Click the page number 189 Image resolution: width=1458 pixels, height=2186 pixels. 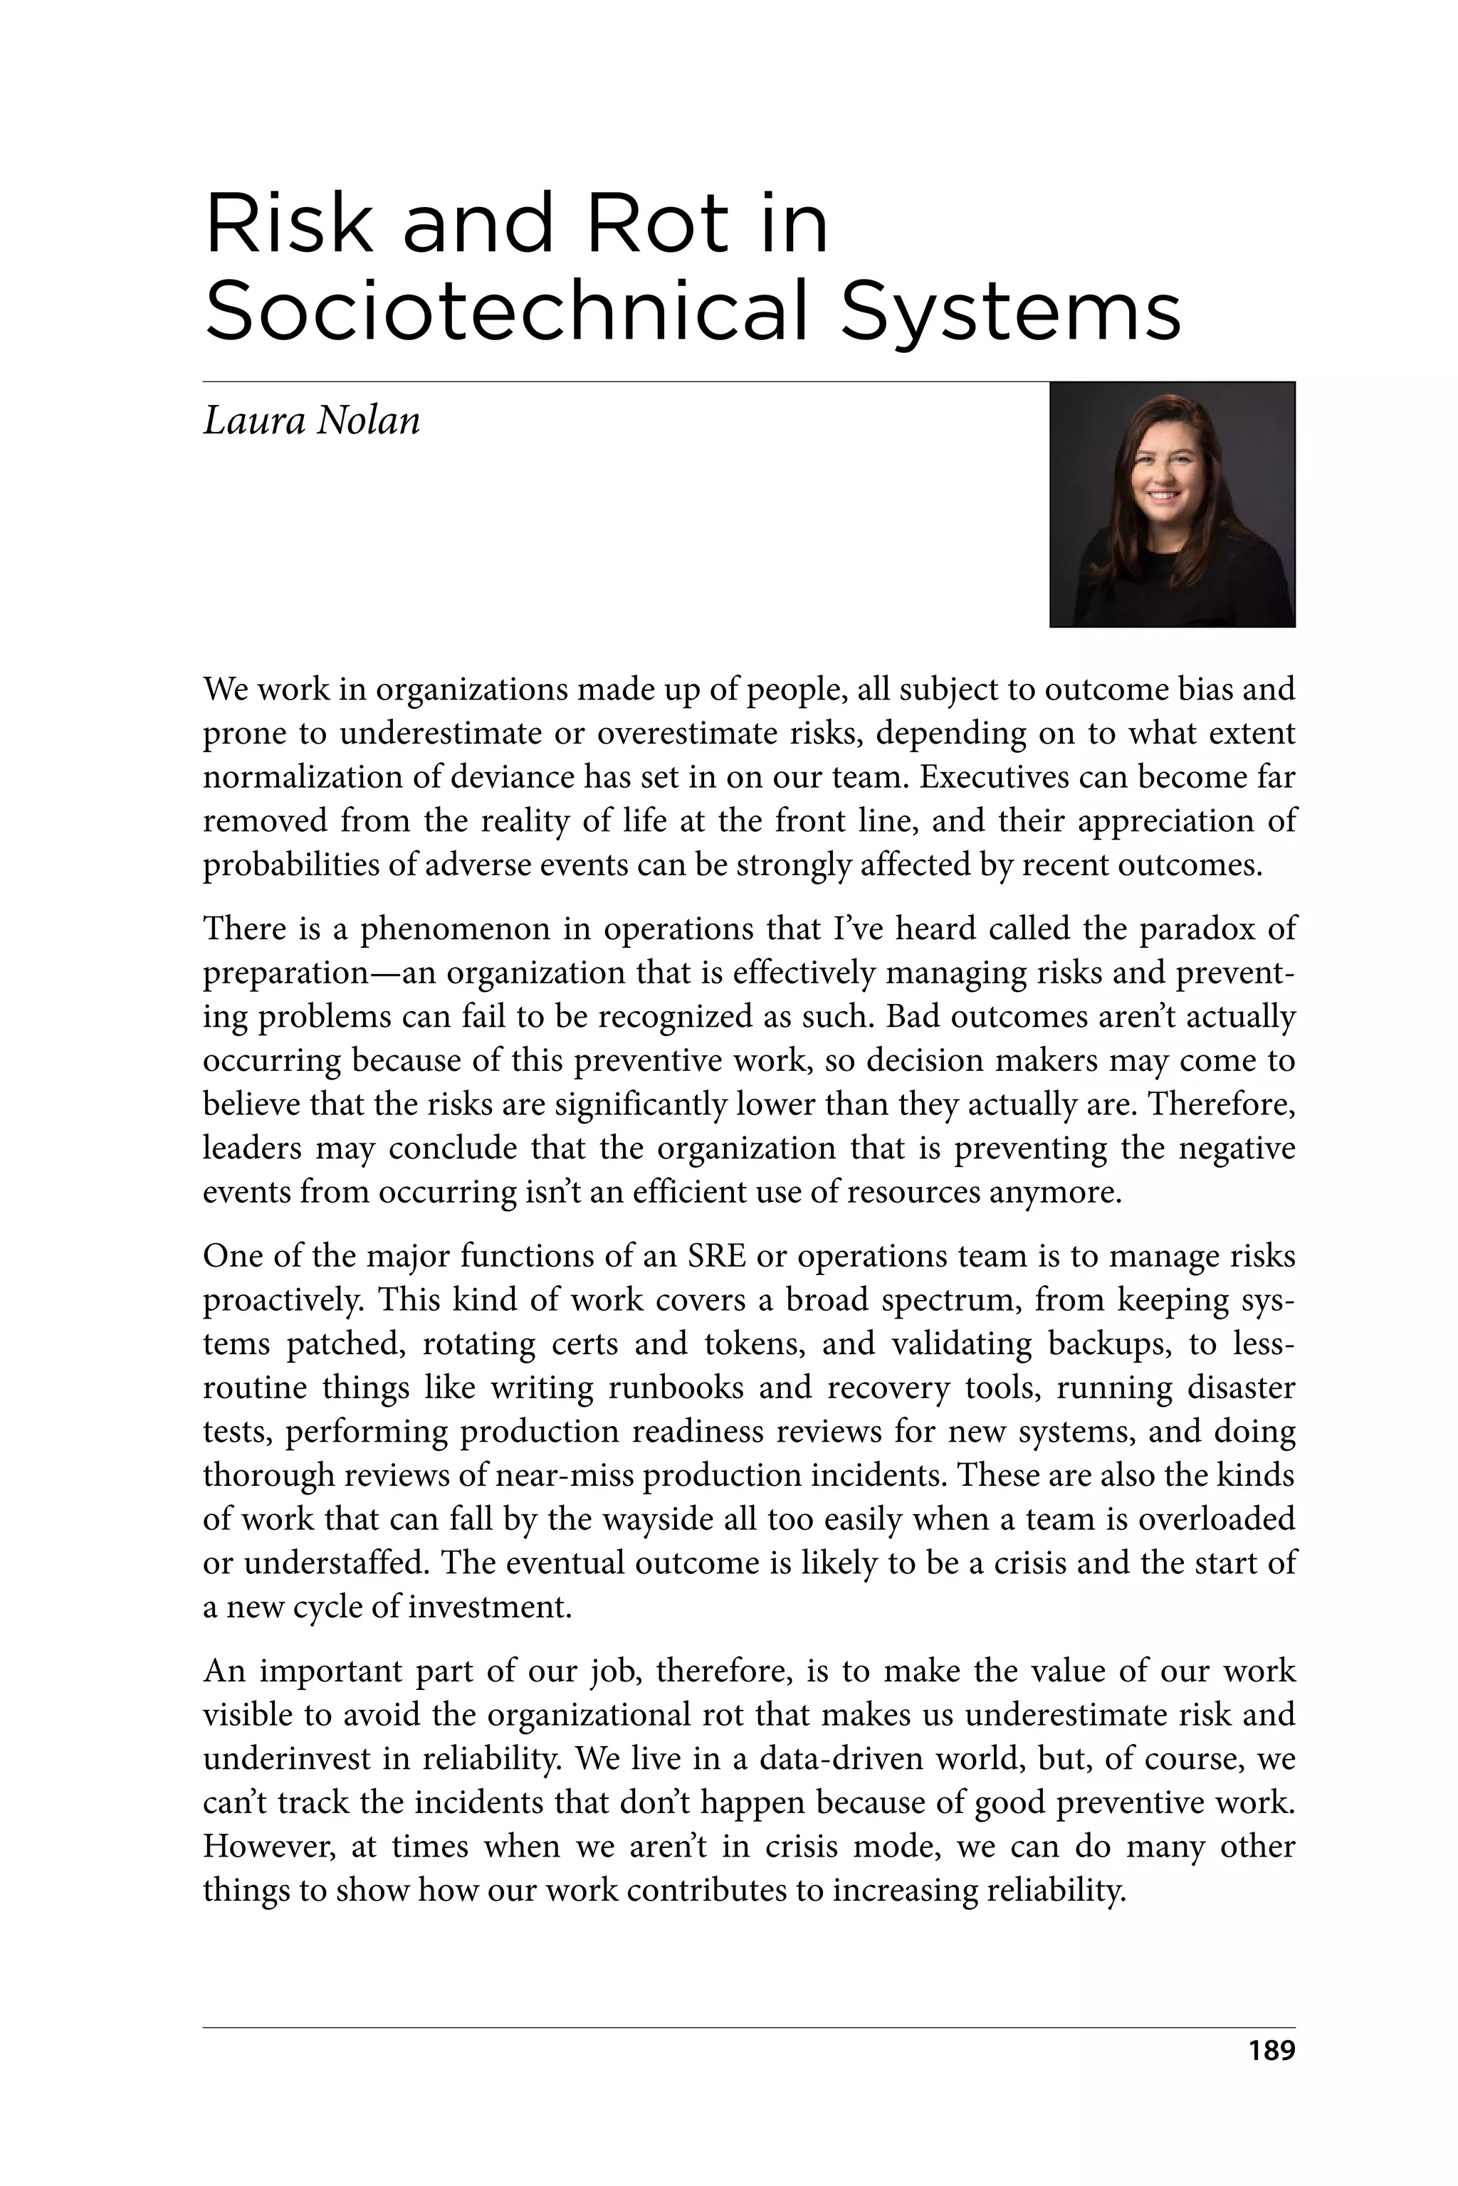1271,2076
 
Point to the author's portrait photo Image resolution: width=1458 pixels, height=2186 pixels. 1172,505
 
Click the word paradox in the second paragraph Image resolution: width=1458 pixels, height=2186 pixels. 1194,929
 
